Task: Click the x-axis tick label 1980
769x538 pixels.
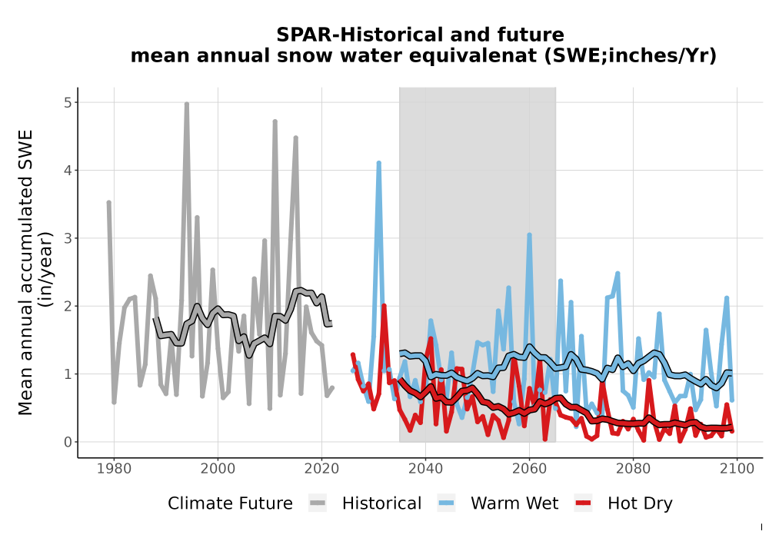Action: [115, 468]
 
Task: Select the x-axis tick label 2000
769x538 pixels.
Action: [218, 468]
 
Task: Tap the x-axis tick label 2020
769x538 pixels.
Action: [321, 468]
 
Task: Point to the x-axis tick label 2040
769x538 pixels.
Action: [426, 468]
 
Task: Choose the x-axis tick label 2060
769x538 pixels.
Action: [530, 468]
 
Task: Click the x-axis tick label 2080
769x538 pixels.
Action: [633, 468]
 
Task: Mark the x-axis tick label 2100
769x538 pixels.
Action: [737, 468]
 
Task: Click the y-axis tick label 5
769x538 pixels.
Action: [68, 102]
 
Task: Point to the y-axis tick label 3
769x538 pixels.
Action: [68, 238]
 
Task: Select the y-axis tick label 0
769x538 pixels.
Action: [68, 442]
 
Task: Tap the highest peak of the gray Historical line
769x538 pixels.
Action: [187, 104]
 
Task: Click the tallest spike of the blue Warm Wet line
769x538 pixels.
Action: [378, 163]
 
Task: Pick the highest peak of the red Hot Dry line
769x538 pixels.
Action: [384, 306]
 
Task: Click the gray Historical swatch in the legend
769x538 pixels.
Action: [318, 503]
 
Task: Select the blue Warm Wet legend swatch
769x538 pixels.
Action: [446, 503]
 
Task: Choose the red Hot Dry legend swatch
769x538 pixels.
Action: [583, 503]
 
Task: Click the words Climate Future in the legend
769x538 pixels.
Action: [230, 503]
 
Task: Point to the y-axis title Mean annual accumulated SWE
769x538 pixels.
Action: [25, 272]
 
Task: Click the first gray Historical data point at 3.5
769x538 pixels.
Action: [109, 202]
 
